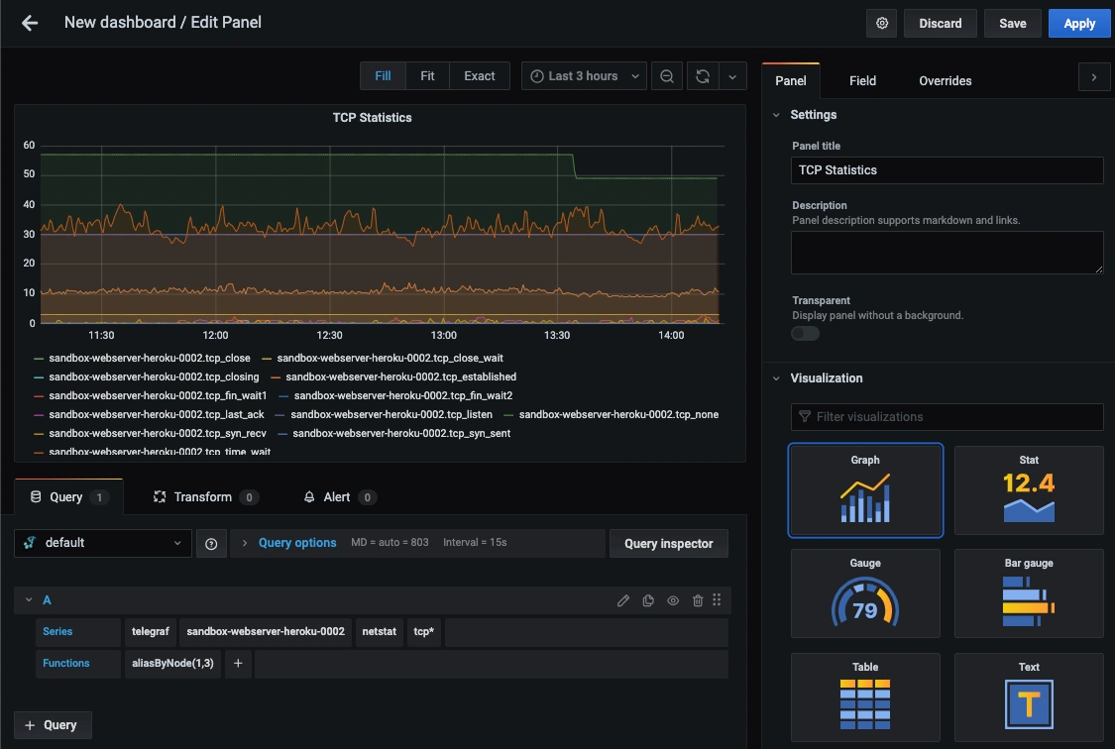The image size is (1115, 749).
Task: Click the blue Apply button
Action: [1078, 24]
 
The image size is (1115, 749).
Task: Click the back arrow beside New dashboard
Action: [29, 24]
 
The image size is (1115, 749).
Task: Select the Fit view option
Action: [427, 76]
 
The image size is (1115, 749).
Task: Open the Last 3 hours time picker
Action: [584, 76]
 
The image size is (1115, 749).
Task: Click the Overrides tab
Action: [946, 81]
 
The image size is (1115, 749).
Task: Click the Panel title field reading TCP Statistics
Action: [947, 169]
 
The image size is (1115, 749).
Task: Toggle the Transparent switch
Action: [805, 333]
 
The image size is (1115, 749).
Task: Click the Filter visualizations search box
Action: [947, 416]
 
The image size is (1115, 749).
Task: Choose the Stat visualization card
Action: [1028, 490]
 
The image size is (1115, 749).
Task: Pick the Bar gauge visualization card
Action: [1028, 593]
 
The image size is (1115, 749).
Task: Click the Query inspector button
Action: [668, 544]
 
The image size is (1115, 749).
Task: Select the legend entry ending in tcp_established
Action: [393, 376]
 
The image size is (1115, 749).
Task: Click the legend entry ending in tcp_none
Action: [612, 414]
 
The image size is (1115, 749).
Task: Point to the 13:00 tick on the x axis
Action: [444, 335]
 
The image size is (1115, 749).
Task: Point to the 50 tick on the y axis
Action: [29, 174]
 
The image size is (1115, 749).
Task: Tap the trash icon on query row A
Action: [698, 600]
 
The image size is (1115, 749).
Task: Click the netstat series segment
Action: [379, 632]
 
